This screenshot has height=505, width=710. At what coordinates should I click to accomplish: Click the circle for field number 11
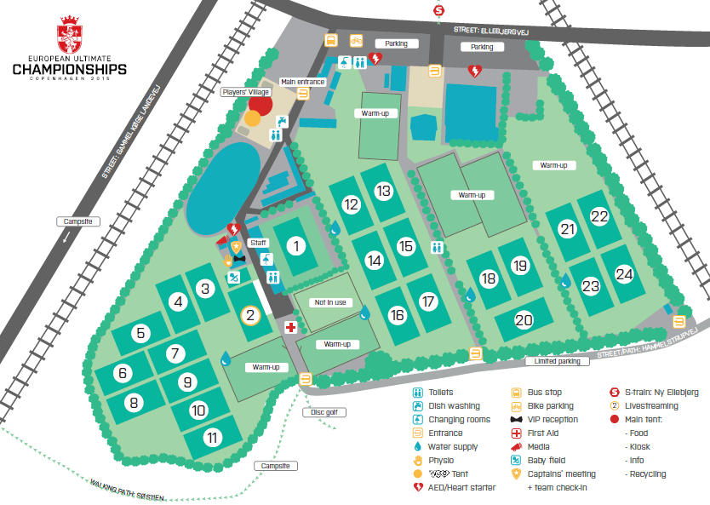pyautogui.click(x=212, y=438)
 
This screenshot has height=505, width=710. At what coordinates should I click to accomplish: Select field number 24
pyautogui.click(x=625, y=274)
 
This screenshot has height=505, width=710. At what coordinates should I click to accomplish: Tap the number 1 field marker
pyautogui.click(x=296, y=246)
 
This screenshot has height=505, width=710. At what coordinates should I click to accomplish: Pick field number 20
pyautogui.click(x=524, y=320)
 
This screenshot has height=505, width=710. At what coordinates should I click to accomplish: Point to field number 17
pyautogui.click(x=428, y=301)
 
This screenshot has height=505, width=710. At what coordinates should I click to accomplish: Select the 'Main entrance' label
pyautogui.click(x=302, y=82)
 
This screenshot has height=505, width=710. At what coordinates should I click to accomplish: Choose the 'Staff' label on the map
pyautogui.click(x=258, y=243)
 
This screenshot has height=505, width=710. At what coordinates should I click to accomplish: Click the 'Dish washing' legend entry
pyautogui.click(x=454, y=406)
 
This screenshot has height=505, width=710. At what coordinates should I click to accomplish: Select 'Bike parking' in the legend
pyautogui.click(x=554, y=406)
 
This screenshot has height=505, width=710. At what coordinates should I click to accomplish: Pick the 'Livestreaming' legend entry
pyautogui.click(x=650, y=406)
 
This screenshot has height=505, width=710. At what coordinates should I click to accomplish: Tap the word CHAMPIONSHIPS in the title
pyautogui.click(x=70, y=68)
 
